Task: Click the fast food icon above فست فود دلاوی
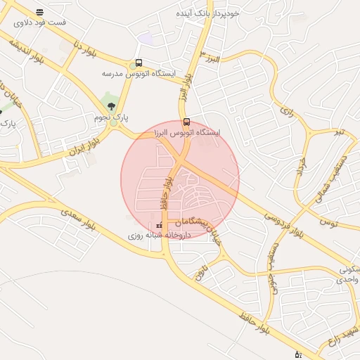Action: tap(39, 12)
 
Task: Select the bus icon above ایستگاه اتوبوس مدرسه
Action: tap(139, 63)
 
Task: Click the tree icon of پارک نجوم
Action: tap(111, 106)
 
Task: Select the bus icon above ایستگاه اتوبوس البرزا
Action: tap(186, 120)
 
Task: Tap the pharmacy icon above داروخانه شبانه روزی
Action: tap(160, 226)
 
